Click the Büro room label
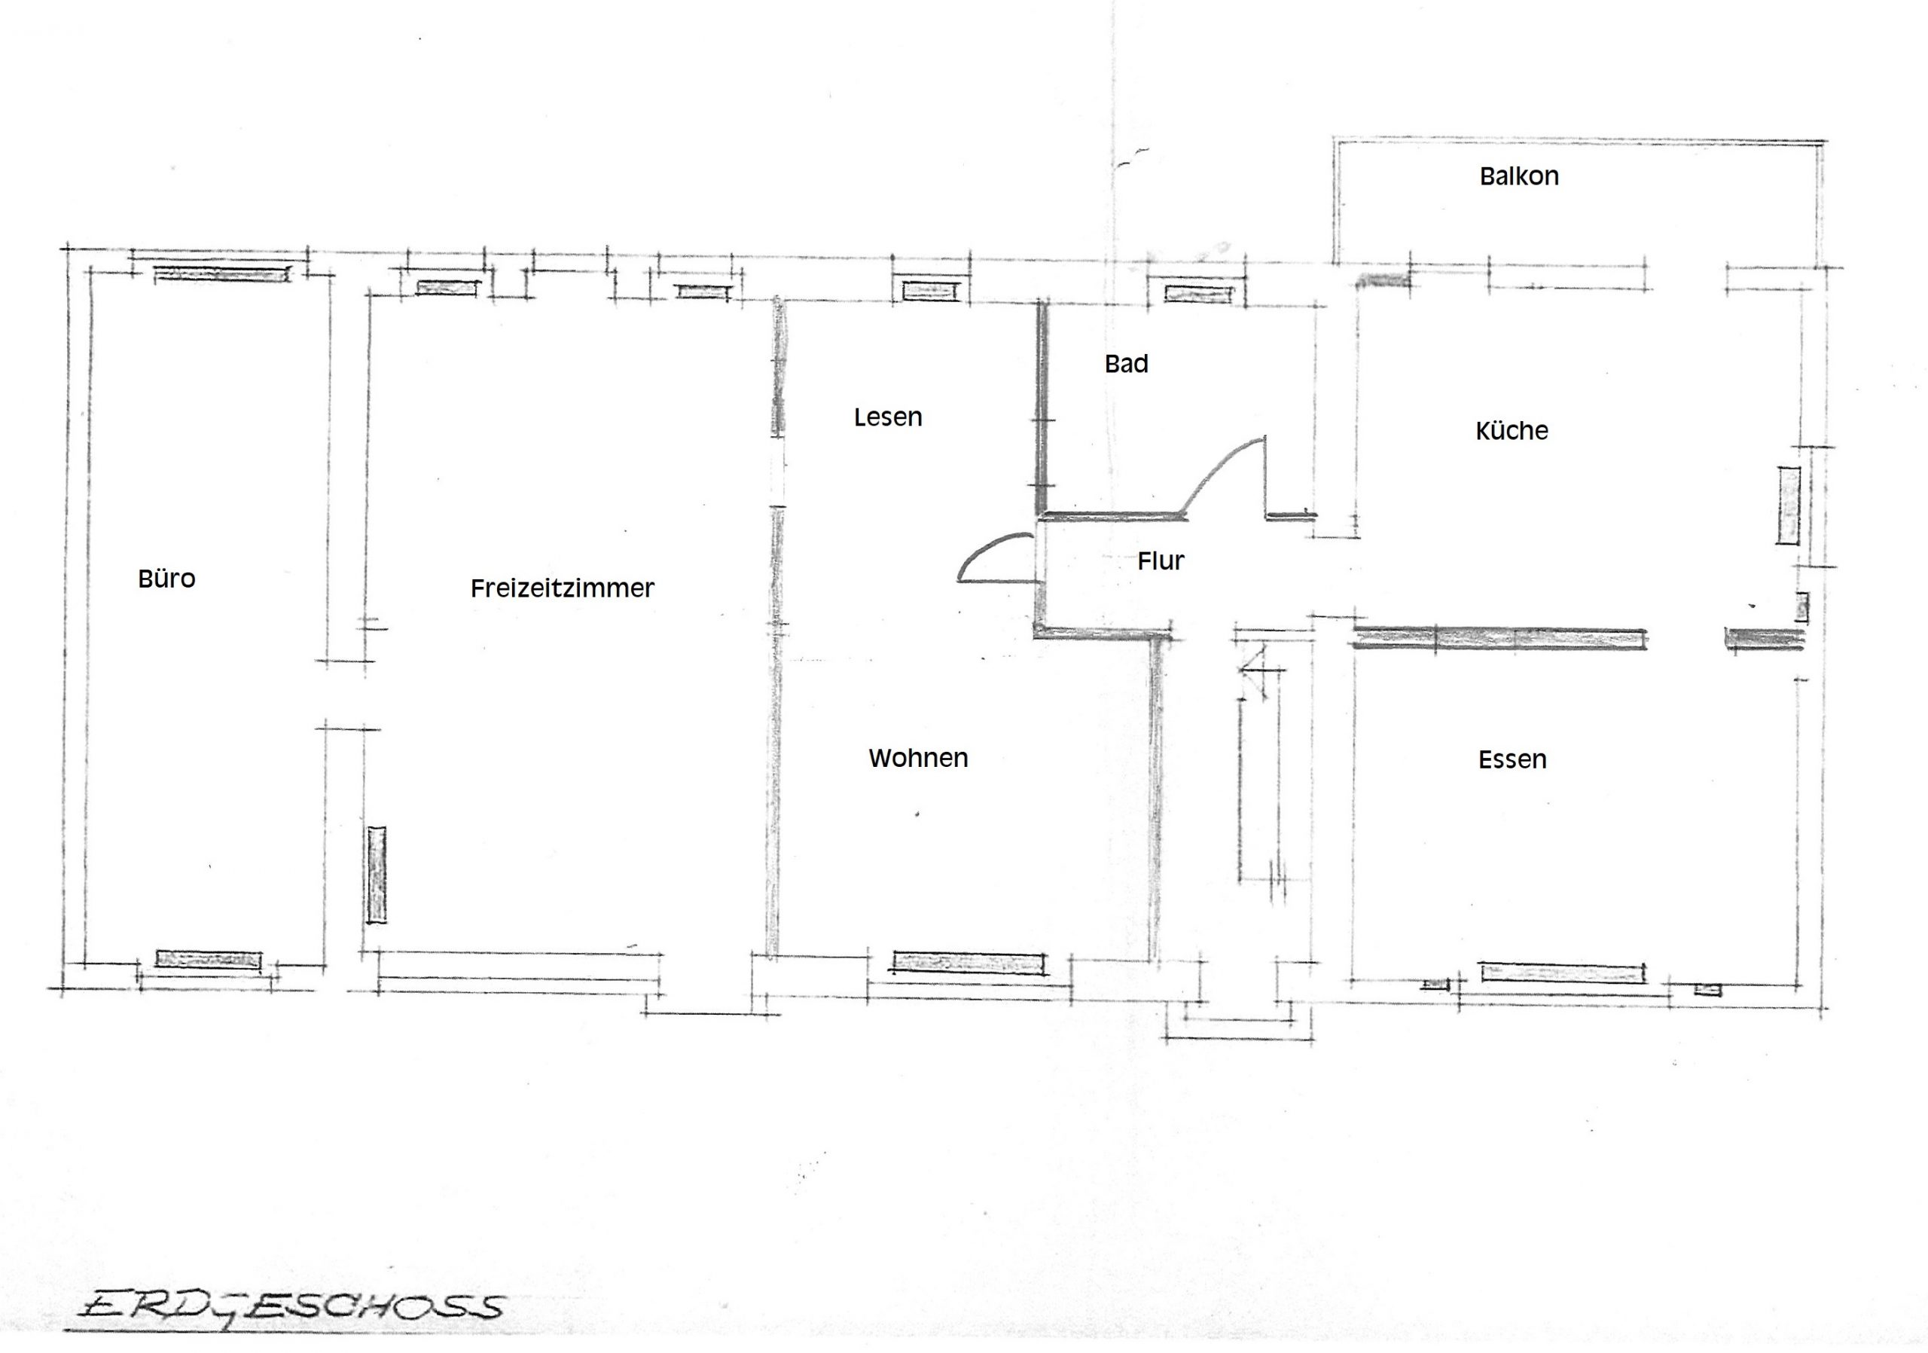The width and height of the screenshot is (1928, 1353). [166, 578]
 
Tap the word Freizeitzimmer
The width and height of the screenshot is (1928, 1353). [562, 588]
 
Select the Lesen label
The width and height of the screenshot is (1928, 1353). [888, 417]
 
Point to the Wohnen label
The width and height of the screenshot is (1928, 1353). [918, 758]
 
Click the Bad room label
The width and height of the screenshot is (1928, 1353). [1126, 364]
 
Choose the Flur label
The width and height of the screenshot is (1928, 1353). [1161, 560]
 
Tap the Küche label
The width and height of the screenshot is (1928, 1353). [1512, 430]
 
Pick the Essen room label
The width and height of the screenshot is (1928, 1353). [1512, 759]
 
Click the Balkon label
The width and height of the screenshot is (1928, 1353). [1519, 176]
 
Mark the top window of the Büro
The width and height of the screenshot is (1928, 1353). [221, 273]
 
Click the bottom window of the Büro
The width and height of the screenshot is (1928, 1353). [209, 959]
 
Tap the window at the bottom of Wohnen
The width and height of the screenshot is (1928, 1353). [969, 963]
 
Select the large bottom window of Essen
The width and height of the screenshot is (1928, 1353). [1562, 973]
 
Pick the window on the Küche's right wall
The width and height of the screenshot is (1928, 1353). [1788, 505]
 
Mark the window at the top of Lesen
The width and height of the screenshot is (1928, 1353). [929, 291]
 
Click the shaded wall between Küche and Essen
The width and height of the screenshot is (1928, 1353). [1498, 639]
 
